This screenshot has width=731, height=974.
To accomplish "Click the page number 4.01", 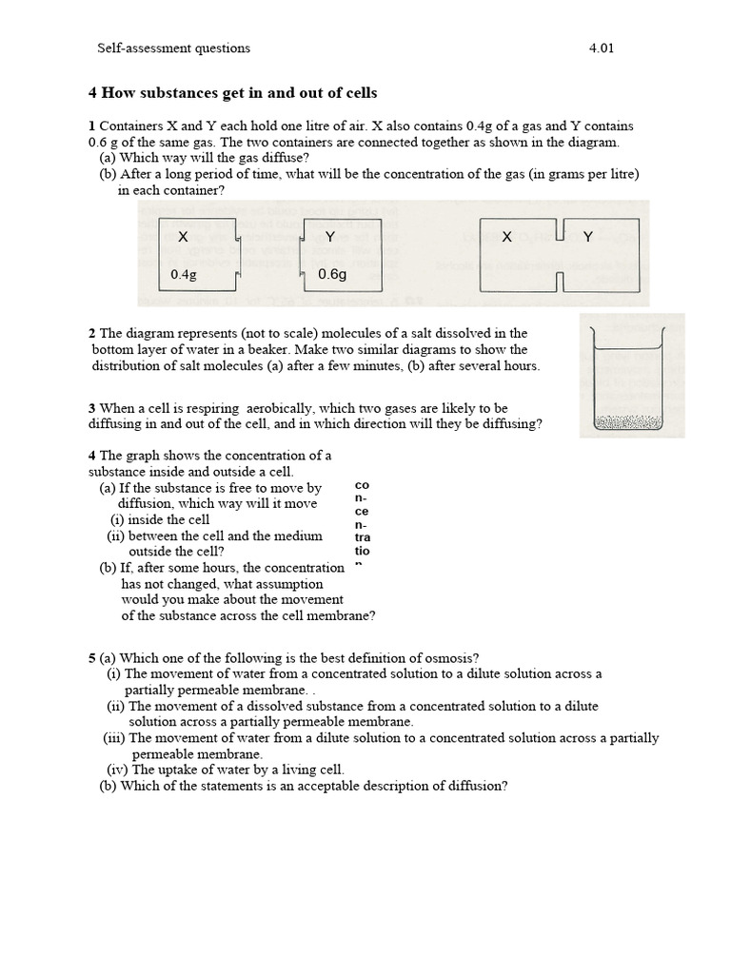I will click(x=602, y=48).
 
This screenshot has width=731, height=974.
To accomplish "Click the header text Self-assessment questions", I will click(x=174, y=48).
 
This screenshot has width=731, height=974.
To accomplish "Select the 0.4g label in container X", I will click(x=184, y=274).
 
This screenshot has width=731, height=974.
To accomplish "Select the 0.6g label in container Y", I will click(x=333, y=274).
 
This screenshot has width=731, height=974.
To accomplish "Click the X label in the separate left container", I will click(x=184, y=237).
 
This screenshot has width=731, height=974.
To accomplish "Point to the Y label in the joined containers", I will click(x=587, y=237).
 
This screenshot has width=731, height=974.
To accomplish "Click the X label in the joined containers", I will click(x=506, y=237).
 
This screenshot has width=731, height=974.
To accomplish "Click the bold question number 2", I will click(x=91, y=333).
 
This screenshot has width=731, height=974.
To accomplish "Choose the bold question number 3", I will click(x=91, y=408).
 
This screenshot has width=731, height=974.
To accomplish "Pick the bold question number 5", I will click(x=91, y=657).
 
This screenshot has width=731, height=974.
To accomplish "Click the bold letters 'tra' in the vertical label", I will click(x=362, y=537).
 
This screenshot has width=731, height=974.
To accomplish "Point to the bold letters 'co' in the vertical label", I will click(x=361, y=485).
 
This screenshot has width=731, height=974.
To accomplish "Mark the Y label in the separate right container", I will click(x=329, y=237).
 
